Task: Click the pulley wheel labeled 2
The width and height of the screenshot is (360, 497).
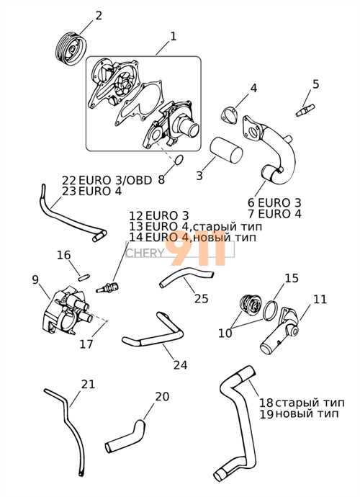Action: click(x=70, y=48)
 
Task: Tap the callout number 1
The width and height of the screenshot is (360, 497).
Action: click(x=173, y=37)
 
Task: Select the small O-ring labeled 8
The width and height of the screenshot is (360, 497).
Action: click(x=179, y=160)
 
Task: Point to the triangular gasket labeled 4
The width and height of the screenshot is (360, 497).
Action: click(x=229, y=115)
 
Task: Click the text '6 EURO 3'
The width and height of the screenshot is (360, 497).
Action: click(x=274, y=202)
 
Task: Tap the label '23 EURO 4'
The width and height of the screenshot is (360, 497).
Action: click(x=92, y=192)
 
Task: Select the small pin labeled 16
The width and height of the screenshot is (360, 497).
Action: click(x=84, y=277)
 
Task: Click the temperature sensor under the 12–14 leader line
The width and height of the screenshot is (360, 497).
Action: click(x=107, y=288)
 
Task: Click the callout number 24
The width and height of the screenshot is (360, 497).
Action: click(x=180, y=365)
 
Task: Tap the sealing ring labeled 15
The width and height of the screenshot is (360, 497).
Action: click(x=270, y=311)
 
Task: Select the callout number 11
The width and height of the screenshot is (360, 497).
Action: click(x=320, y=299)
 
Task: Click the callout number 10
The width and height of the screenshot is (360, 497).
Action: click(x=225, y=333)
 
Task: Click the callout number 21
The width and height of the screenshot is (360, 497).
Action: click(x=88, y=384)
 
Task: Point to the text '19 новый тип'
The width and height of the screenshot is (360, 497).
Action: click(x=299, y=413)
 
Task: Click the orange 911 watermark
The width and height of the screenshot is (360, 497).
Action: click(x=198, y=251)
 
